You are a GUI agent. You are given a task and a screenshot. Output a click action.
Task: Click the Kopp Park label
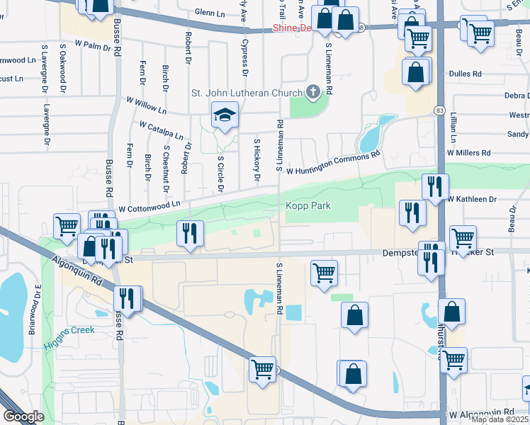[308, 206]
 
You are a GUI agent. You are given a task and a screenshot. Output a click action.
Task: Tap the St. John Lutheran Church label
[247, 92]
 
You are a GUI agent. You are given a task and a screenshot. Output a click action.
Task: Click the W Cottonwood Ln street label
[150, 206]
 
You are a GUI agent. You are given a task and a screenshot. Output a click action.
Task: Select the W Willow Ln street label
[146, 106]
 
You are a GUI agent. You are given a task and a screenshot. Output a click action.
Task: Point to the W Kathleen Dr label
[473, 200]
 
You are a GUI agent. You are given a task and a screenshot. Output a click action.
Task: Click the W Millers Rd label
[468, 152]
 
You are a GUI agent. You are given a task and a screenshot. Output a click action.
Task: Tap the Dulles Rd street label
[465, 73]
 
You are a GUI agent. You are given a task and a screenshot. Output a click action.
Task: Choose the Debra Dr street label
[517, 96]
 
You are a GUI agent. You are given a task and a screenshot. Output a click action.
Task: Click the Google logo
[23, 416]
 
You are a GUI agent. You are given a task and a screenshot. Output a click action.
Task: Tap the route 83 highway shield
[439, 110]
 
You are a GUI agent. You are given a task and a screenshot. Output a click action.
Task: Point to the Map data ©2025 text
[500, 419]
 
